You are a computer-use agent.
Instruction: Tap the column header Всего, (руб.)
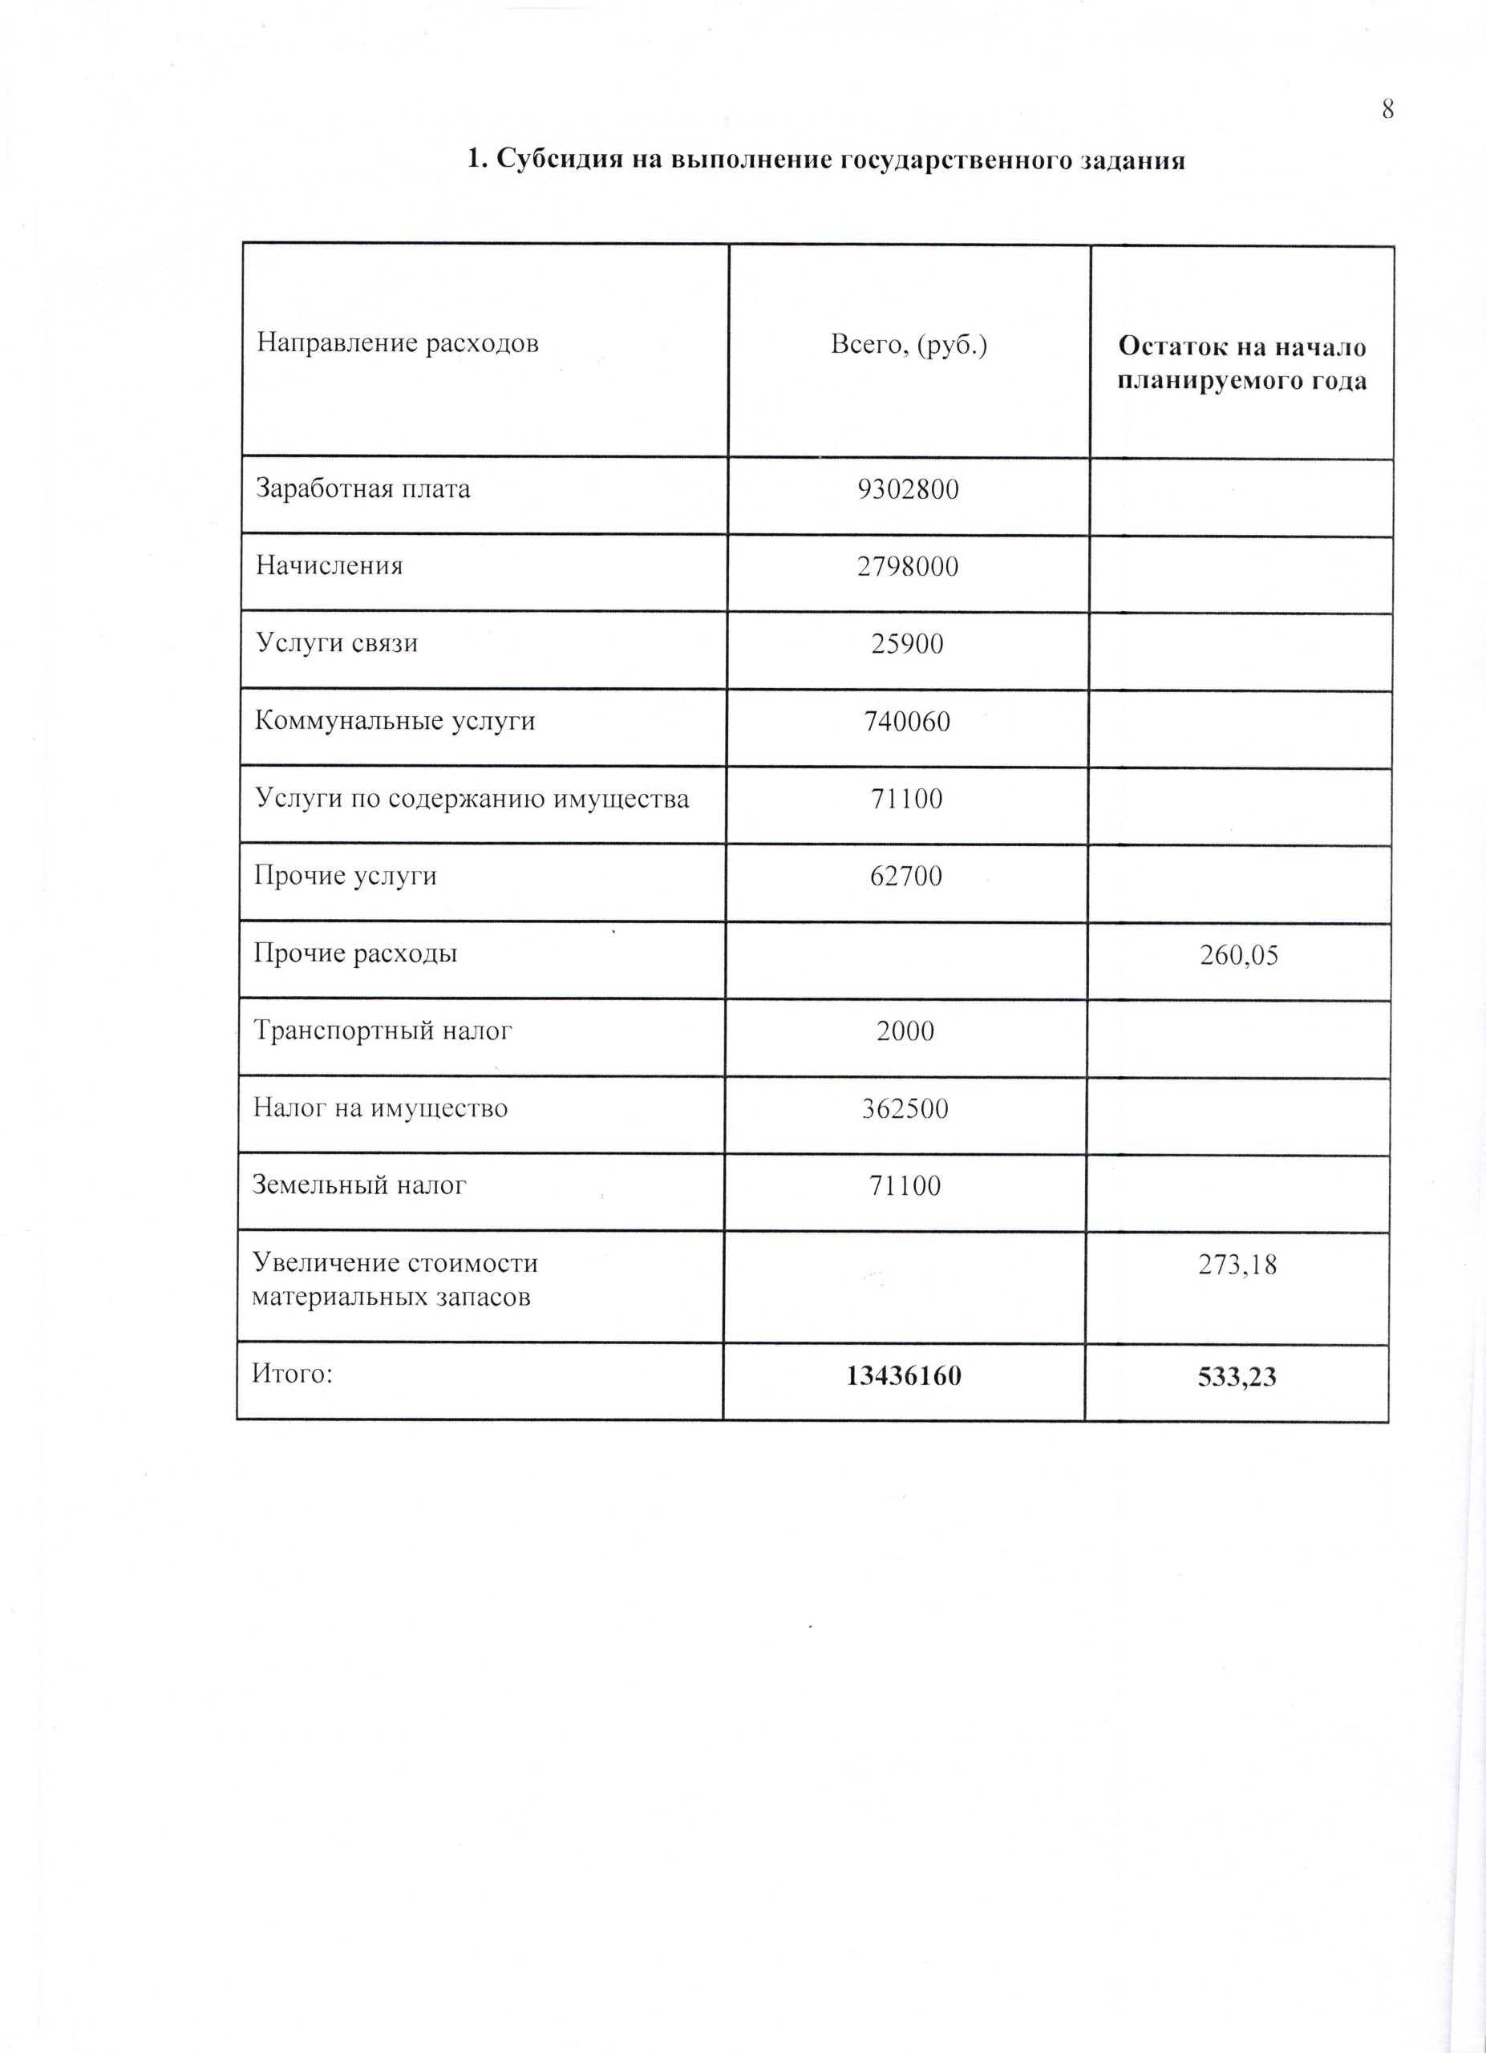(x=909, y=345)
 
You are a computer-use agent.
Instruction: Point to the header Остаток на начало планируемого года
(x=1241, y=363)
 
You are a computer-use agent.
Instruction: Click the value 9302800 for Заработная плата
(x=908, y=490)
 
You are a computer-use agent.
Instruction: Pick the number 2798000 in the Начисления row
(x=908, y=567)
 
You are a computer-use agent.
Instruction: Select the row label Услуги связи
(x=337, y=644)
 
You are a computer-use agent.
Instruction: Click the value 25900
(x=908, y=644)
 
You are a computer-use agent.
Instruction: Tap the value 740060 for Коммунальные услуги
(x=908, y=722)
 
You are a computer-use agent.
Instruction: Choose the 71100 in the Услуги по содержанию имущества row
(x=908, y=799)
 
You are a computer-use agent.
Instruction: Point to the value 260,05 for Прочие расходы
(x=1239, y=956)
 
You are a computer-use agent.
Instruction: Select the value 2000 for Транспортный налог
(x=906, y=1031)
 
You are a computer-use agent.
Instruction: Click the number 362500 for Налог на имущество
(x=906, y=1109)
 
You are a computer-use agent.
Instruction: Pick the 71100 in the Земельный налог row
(x=906, y=1186)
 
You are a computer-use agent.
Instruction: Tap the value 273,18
(x=1237, y=1265)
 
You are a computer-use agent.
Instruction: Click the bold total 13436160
(x=904, y=1377)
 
